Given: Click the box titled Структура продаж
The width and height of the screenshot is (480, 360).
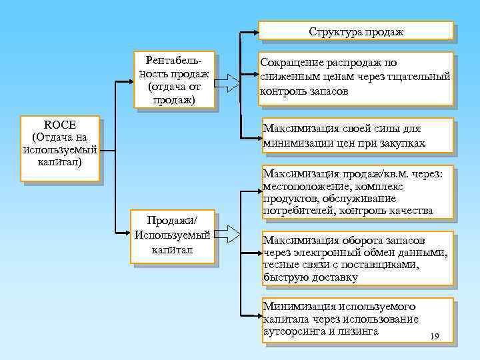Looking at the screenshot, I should pyautogui.click(x=355, y=31).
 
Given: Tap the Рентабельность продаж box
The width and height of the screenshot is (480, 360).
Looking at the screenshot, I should pyautogui.click(x=173, y=79).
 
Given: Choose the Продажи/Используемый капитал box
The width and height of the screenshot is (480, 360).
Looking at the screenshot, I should pyautogui.click(x=173, y=236).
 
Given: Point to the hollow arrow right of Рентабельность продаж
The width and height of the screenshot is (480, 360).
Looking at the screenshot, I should pyautogui.click(x=228, y=82).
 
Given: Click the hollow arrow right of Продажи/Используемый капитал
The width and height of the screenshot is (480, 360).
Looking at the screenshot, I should pyautogui.click(x=228, y=234).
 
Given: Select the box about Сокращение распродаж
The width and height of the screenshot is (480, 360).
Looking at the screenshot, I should pyautogui.click(x=355, y=78).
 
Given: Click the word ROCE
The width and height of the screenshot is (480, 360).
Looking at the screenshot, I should pyautogui.click(x=59, y=125).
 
